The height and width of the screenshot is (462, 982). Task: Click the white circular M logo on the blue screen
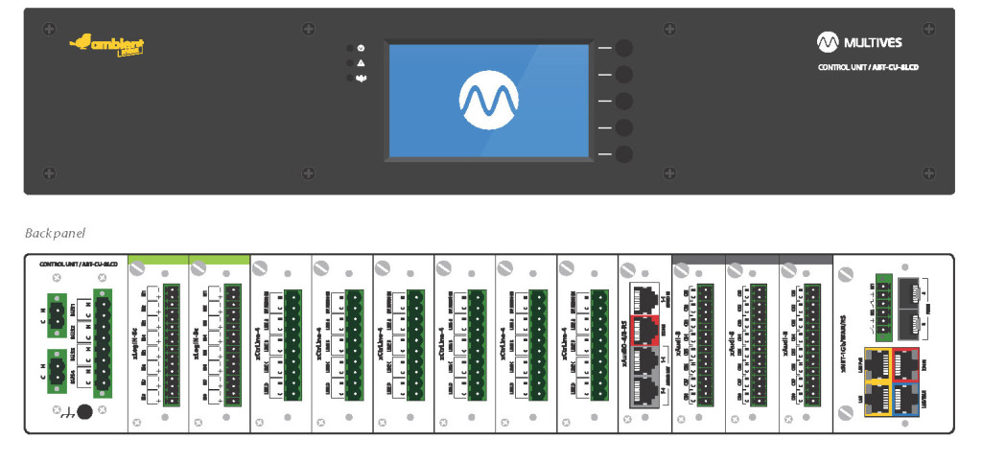[x=488, y=100]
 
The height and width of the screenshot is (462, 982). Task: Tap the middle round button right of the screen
[x=623, y=101]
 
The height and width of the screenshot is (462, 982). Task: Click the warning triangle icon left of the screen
[x=361, y=62]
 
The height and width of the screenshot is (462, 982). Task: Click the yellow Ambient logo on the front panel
[x=107, y=44]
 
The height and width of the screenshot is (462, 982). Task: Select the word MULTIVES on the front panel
[x=873, y=42]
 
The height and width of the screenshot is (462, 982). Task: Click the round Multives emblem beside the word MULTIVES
[x=828, y=42]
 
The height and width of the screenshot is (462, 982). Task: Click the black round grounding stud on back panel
[x=84, y=411]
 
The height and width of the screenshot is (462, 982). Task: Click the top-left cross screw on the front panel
[x=48, y=30]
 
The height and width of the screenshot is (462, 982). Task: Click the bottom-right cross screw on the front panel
[x=928, y=173]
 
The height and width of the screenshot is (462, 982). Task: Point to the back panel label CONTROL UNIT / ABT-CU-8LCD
[x=78, y=263]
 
